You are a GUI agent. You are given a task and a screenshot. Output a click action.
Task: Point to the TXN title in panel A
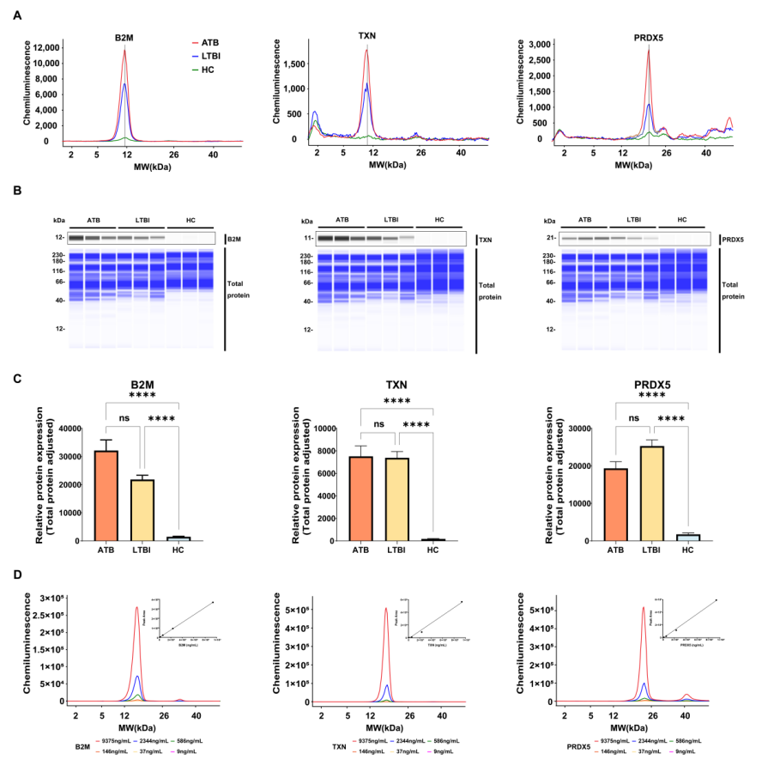pos(366,37)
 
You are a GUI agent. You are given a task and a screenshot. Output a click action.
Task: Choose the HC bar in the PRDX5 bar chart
pos(688,537)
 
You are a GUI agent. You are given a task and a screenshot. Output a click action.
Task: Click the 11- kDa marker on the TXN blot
pos(306,237)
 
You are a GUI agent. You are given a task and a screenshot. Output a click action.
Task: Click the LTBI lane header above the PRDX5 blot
pos(634,220)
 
